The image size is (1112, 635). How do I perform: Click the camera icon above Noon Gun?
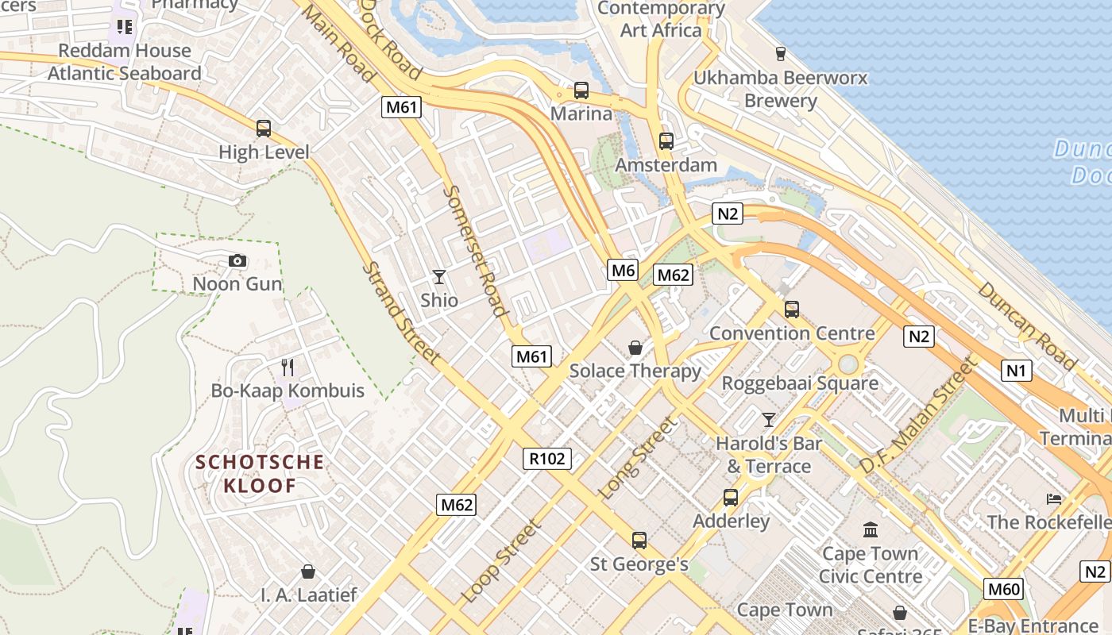pyautogui.click(x=237, y=260)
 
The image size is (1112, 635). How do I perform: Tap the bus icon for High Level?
pyautogui.click(x=263, y=128)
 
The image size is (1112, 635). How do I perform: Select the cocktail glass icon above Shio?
pyautogui.click(x=438, y=276)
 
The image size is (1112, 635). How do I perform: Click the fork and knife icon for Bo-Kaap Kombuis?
pyautogui.click(x=288, y=367)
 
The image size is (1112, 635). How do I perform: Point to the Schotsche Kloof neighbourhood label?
pyautogui.click(x=260, y=474)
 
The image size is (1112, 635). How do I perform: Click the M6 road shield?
pyautogui.click(x=624, y=270)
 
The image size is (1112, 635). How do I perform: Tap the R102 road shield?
pyautogui.click(x=547, y=458)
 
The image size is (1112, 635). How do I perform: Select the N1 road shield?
pyautogui.click(x=1016, y=370)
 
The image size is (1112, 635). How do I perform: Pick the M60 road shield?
pyautogui.click(x=1003, y=589)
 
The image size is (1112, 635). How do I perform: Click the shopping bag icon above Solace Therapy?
pyautogui.click(x=635, y=348)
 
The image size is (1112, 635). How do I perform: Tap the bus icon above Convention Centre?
pyautogui.click(x=791, y=310)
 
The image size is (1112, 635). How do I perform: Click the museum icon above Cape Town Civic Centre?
pyautogui.click(x=871, y=529)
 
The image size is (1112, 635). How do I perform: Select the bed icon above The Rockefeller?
pyautogui.click(x=1054, y=498)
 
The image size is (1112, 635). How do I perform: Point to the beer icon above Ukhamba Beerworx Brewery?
pyautogui.click(x=780, y=54)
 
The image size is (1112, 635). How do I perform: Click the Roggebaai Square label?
pyautogui.click(x=799, y=383)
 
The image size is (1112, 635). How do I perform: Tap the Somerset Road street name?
pyautogui.click(x=475, y=251)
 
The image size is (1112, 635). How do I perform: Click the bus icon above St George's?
pyautogui.click(x=639, y=541)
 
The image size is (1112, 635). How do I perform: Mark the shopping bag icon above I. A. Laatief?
pyautogui.click(x=308, y=571)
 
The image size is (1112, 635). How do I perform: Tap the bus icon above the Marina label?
pyautogui.click(x=581, y=90)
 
